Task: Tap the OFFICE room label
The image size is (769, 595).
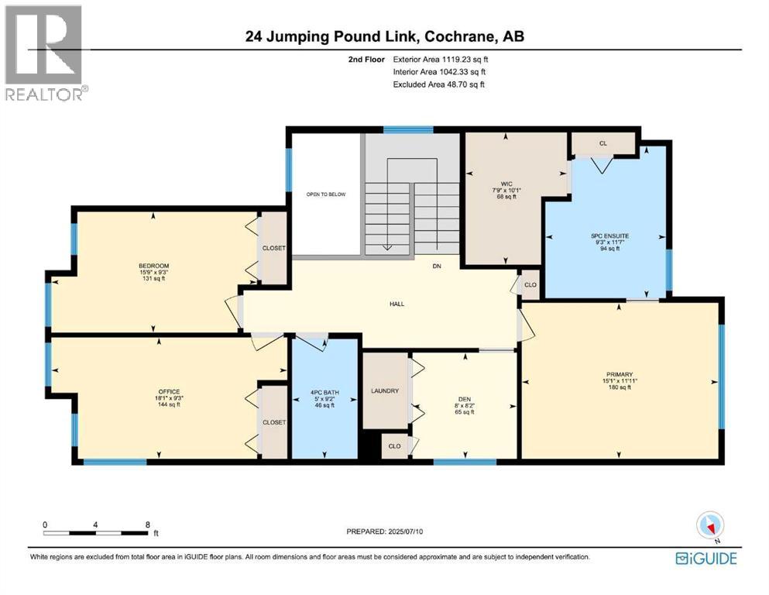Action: (x=169, y=391)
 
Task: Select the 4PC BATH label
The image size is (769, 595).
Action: (x=322, y=391)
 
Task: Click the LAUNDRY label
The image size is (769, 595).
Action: (x=384, y=390)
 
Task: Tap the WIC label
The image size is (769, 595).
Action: (x=506, y=184)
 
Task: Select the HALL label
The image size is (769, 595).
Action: (x=397, y=304)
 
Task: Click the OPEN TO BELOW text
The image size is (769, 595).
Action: (x=324, y=195)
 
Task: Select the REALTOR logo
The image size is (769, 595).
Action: (x=46, y=53)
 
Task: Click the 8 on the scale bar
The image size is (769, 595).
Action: (x=148, y=524)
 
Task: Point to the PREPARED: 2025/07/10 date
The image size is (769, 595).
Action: (x=385, y=531)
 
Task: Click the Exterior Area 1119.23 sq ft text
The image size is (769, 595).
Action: (x=440, y=59)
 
